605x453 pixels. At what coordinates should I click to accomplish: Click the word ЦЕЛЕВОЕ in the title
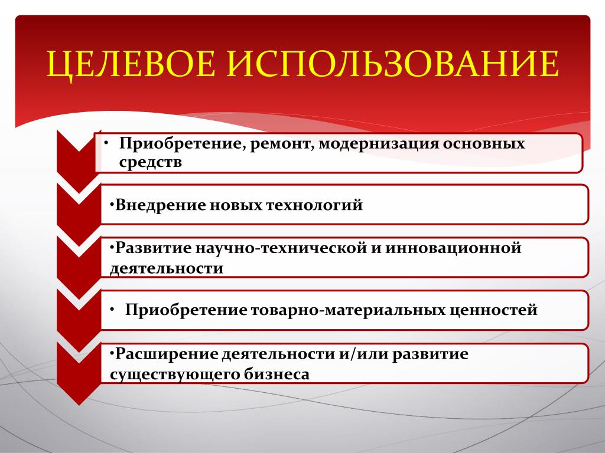pyautogui.click(x=131, y=64)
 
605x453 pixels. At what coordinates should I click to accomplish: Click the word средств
pyautogui.click(x=151, y=162)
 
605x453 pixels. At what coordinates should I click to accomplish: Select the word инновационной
pyautogui.click(x=453, y=248)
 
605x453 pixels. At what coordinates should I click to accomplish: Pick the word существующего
pyautogui.click(x=174, y=375)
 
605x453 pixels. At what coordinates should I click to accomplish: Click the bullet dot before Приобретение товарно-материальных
pyautogui.click(x=112, y=310)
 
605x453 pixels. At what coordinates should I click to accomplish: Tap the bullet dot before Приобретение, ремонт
pyautogui.click(x=106, y=143)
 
